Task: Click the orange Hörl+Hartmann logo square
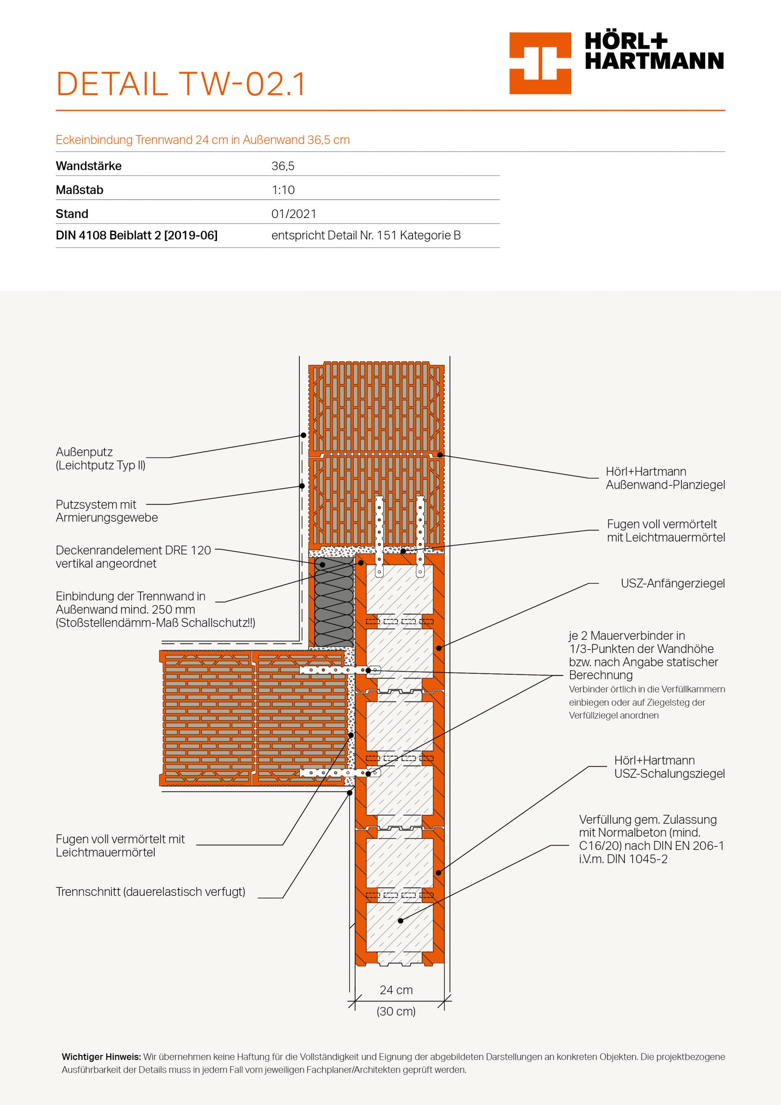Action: [540, 63]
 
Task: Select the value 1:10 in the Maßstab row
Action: [283, 190]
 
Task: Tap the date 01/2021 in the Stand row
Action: [293, 214]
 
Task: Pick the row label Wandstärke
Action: [88, 167]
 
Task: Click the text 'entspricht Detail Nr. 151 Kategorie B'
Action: [366, 236]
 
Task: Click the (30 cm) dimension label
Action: [396, 1011]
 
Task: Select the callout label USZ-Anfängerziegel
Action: [672, 584]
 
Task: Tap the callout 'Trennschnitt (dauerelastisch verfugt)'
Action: [151, 892]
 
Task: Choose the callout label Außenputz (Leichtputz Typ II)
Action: [101, 459]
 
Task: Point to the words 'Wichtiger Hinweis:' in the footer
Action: [101, 1057]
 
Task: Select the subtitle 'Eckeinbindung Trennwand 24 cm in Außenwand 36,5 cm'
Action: [203, 140]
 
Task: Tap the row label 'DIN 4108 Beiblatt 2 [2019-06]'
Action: [137, 236]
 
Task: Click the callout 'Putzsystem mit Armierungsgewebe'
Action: [107, 511]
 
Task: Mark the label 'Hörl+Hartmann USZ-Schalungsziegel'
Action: [669, 767]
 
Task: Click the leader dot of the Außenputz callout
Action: [303, 435]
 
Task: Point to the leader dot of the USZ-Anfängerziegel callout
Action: [438, 648]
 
